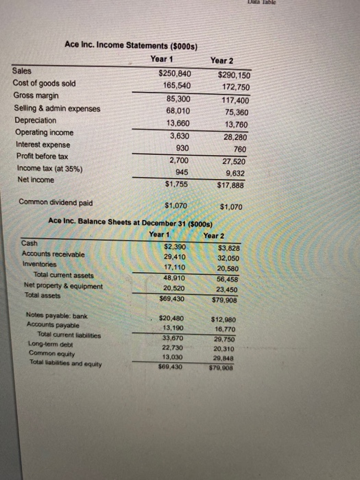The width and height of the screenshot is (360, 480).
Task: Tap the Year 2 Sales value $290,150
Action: (x=234, y=75)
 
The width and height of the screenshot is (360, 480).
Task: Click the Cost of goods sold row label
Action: (x=45, y=84)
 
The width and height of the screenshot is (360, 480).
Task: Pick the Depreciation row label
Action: (x=37, y=121)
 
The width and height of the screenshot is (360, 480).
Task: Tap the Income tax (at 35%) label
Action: (x=47, y=169)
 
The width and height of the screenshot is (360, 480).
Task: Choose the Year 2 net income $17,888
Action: (x=233, y=185)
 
